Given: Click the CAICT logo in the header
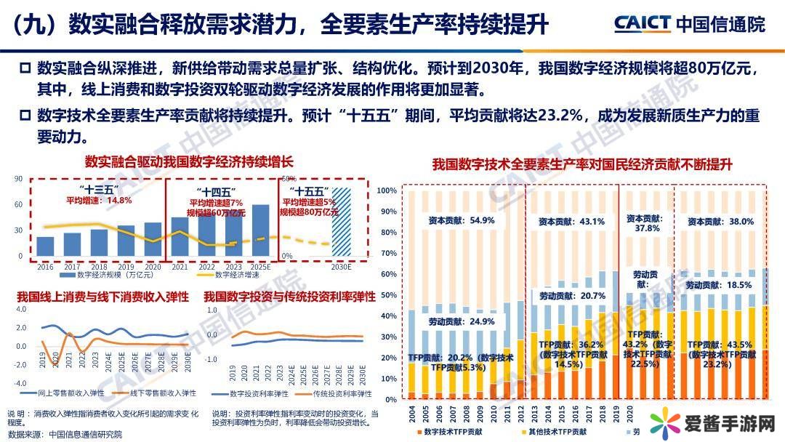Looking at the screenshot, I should coord(642,23).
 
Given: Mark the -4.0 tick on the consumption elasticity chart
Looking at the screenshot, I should coord(20,383).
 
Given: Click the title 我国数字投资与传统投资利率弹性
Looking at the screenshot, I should coord(289,297).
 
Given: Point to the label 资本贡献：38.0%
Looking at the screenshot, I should coord(720,221).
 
